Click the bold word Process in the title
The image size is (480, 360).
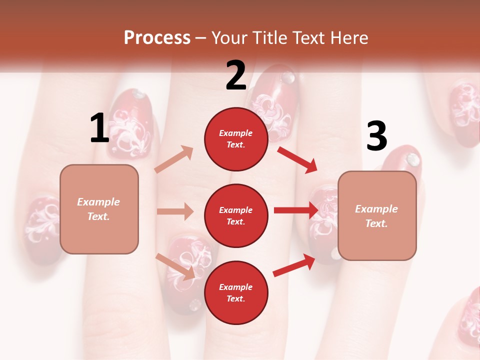tap(157, 38)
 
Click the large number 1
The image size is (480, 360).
tap(99, 128)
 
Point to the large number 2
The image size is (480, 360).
tap(236, 75)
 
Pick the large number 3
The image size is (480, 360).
tap(376, 136)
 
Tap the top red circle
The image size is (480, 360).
tap(236, 139)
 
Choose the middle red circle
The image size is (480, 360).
tap(236, 215)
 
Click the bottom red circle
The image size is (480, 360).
tap(236, 292)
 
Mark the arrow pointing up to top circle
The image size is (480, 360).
tap(174, 159)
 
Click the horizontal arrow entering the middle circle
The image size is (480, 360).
tap(175, 211)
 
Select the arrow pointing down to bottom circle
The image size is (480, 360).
tap(175, 266)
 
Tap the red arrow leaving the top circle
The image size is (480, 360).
tap(297, 159)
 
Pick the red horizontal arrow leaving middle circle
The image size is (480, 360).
tap(296, 210)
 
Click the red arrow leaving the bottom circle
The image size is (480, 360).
tap(294, 265)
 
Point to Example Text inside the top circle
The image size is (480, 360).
tap(236, 139)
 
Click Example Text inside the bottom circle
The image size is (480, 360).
tap(236, 292)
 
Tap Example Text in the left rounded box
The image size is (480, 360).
tap(99, 209)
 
